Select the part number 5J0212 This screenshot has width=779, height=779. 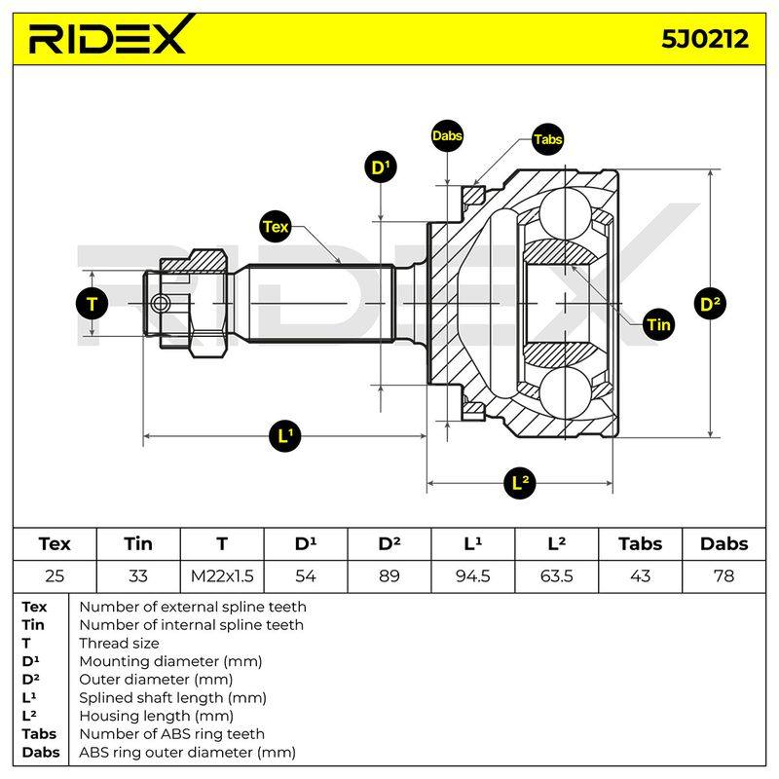tap(704, 39)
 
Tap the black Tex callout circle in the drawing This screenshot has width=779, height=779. tap(276, 227)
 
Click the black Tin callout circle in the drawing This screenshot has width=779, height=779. tap(659, 324)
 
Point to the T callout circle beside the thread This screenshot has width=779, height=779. tap(92, 304)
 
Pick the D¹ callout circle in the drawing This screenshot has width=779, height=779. tap(381, 167)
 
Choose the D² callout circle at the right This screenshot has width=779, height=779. tap(710, 304)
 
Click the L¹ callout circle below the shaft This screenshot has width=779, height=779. tap(284, 435)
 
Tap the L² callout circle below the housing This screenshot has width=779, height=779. tap(520, 482)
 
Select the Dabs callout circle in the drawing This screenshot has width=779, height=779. tap(447, 135)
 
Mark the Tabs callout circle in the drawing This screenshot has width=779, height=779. tap(547, 139)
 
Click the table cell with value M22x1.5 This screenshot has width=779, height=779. tap(222, 576)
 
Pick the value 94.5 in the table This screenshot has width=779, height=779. tap(472, 576)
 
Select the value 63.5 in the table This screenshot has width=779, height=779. tap(556, 576)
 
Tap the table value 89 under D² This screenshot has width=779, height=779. tap(389, 576)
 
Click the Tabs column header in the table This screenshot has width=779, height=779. tap(640, 544)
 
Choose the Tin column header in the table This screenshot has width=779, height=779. tap(138, 544)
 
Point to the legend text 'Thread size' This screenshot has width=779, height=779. tap(119, 644)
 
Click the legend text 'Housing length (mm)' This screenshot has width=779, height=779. tap(156, 716)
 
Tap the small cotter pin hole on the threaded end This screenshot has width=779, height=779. tap(160, 303)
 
